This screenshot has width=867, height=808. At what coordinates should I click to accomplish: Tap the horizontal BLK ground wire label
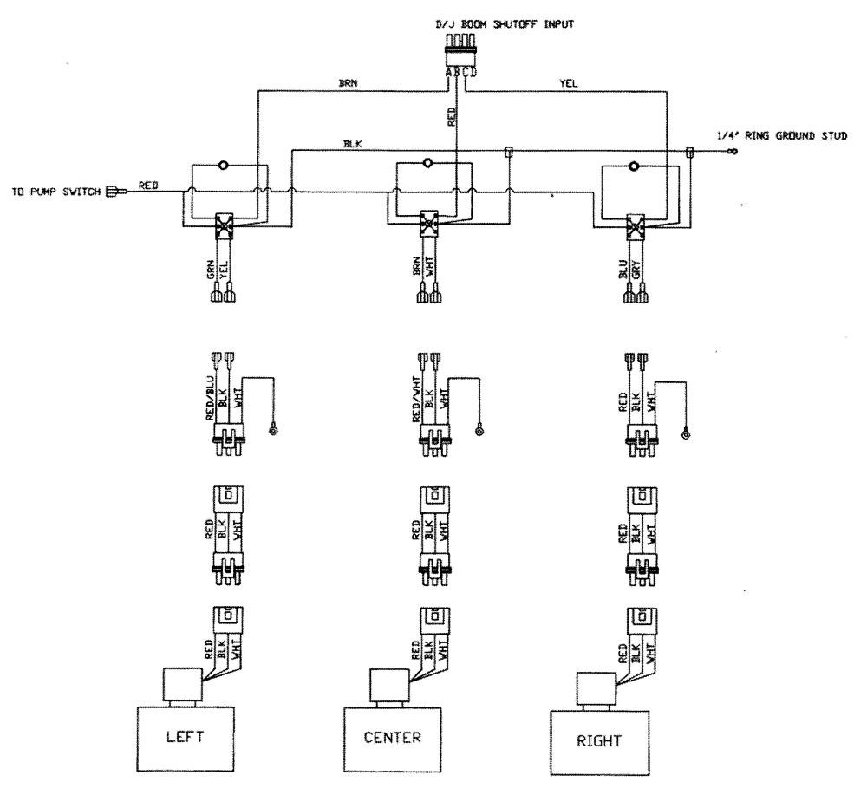[353, 144]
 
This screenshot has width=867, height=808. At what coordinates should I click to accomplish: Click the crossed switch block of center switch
[427, 223]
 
